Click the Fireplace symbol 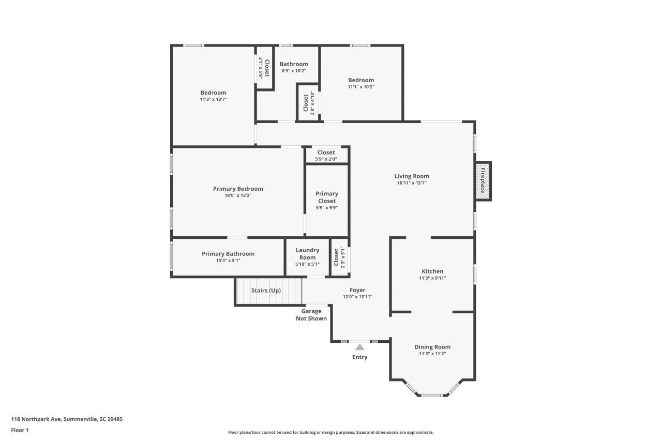pyautogui.click(x=483, y=181)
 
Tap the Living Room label pyautogui.click(x=412, y=176)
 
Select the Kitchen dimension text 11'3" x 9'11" pyautogui.click(x=432, y=278)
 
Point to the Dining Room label pyautogui.click(x=432, y=347)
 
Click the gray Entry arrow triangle pyautogui.click(x=360, y=347)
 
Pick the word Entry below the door pyautogui.click(x=360, y=357)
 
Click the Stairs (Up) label pyautogui.click(x=266, y=291)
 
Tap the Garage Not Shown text pyautogui.click(x=311, y=315)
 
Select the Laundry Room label pyautogui.click(x=307, y=254)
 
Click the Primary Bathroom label pyautogui.click(x=228, y=254)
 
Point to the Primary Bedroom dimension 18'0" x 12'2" pyautogui.click(x=238, y=195)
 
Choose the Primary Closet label pyautogui.click(x=326, y=197)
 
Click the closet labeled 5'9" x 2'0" pyautogui.click(x=326, y=155)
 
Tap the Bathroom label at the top pyautogui.click(x=294, y=64)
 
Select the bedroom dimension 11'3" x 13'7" pyautogui.click(x=213, y=99)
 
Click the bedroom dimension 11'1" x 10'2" pyautogui.click(x=361, y=87)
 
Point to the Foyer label pyautogui.click(x=357, y=290)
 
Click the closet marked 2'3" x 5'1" pyautogui.click(x=339, y=257)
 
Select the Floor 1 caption pyautogui.click(x=20, y=430)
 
